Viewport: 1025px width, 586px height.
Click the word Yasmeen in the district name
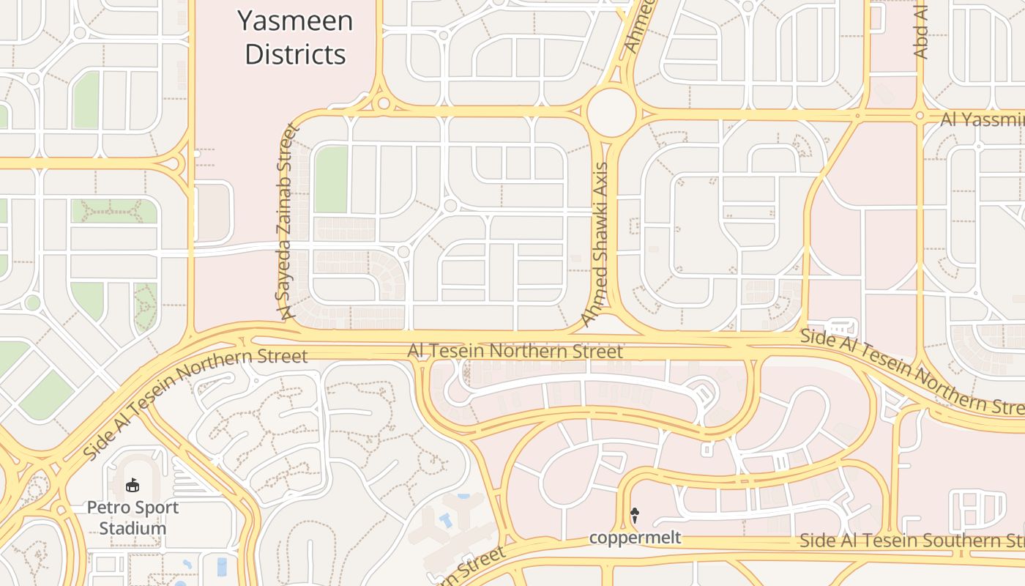[295, 21]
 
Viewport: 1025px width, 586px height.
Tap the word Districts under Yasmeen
[295, 55]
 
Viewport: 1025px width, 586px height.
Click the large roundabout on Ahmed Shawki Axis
[611, 112]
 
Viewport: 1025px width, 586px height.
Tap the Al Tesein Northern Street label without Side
[515, 352]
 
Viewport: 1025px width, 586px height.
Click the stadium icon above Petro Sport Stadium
[133, 485]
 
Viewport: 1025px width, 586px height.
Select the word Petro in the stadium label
[107, 508]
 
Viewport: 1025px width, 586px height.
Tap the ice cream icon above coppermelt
[635, 516]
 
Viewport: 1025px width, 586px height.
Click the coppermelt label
[635, 538]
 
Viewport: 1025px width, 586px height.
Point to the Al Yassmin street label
[982, 119]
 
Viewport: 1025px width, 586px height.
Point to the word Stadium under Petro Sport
[133, 528]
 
